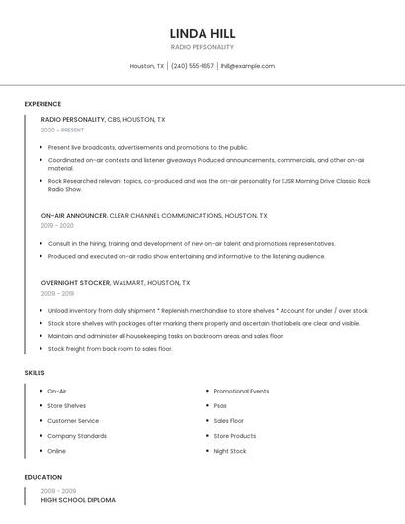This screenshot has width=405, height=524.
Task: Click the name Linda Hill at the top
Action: coord(202,33)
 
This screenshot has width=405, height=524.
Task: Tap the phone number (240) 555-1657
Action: coord(192,66)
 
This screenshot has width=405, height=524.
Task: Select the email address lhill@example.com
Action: coord(247,66)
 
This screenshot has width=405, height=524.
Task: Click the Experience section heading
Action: coord(42,104)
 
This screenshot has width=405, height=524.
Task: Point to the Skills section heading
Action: coord(35,372)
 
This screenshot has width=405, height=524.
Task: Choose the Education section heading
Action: coord(42,477)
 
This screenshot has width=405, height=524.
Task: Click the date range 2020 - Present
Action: coord(62,130)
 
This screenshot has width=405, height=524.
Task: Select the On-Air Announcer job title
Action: coord(74,215)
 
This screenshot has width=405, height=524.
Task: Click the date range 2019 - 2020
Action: coord(58,225)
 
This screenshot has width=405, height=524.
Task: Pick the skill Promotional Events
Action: coord(241,391)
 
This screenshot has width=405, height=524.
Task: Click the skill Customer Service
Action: coord(73,421)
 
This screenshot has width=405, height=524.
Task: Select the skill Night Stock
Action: coord(230,451)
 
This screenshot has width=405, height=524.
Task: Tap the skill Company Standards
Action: coord(77,436)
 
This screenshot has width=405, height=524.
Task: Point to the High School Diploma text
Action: coord(78,500)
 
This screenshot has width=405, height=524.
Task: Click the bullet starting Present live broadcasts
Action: coord(148,147)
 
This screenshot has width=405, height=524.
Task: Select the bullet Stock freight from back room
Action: coord(110,349)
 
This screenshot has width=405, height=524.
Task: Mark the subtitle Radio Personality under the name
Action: coord(202,47)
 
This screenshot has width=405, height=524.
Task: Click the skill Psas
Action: coord(220,406)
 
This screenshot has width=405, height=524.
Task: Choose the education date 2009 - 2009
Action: coord(58,490)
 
